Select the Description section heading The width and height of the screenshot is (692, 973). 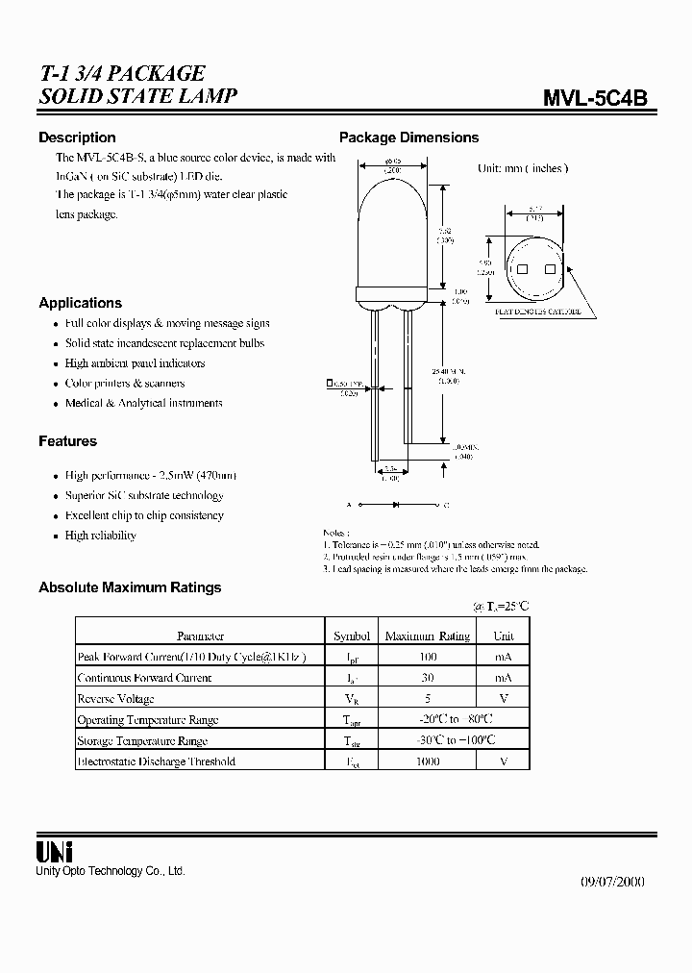(x=77, y=137)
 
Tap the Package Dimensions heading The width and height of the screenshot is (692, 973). (x=408, y=137)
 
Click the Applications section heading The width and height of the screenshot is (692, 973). (x=80, y=303)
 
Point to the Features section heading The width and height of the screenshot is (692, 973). (x=67, y=441)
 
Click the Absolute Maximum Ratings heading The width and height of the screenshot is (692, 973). (x=130, y=587)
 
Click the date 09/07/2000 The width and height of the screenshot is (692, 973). (x=613, y=882)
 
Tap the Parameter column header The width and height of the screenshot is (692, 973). (x=200, y=636)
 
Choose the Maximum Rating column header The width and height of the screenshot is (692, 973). (x=428, y=636)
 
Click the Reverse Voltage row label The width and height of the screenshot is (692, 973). (x=115, y=699)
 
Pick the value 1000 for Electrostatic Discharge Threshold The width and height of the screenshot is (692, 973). (x=428, y=761)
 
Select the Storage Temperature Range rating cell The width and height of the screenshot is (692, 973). (x=428, y=740)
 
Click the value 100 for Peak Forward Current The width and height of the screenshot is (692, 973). (x=428, y=657)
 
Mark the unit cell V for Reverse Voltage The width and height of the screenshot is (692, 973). (x=504, y=699)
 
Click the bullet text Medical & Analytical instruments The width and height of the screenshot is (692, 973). (x=143, y=404)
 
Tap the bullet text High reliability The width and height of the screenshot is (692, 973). (x=100, y=536)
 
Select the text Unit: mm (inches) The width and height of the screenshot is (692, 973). (x=522, y=168)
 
